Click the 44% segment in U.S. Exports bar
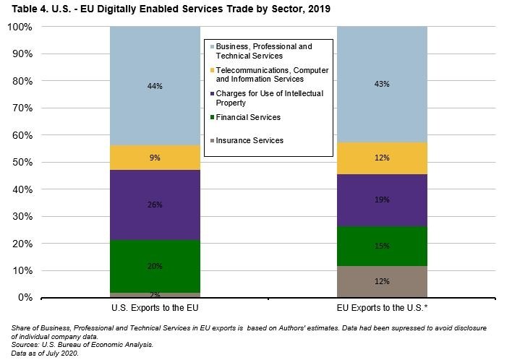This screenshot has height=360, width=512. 155,86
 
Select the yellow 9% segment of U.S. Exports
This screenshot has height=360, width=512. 155,158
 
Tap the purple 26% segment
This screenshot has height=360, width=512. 155,205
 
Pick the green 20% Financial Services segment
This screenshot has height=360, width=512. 155,266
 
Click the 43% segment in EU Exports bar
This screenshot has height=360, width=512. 382,85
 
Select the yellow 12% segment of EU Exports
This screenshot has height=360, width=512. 382,158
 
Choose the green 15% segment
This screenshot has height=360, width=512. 382,246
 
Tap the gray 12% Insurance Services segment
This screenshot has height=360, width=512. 382,281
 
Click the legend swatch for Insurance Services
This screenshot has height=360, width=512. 211,140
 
